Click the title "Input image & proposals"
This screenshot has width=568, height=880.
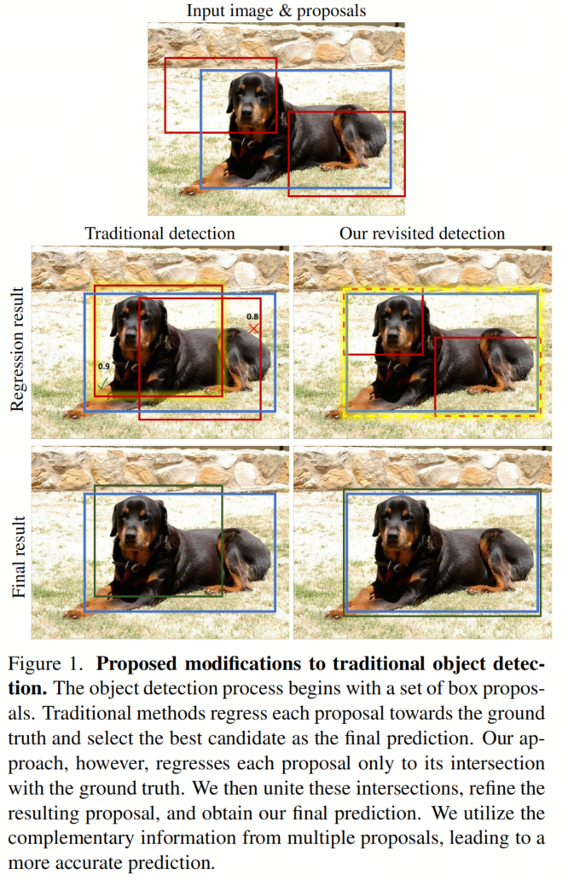pos(276,11)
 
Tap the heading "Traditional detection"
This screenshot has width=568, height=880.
pos(160,233)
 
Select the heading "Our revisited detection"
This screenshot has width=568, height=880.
pos(422,233)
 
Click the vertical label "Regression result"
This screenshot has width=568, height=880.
pos(18,349)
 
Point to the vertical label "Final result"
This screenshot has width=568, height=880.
pos(18,557)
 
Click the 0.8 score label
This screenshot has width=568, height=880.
pos(252,316)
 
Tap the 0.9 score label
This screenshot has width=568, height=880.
pos(104,366)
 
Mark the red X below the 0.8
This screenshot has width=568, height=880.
pos(253,328)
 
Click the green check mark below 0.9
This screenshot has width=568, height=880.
pos(102,384)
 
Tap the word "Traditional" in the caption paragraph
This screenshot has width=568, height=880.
pos(88,714)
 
